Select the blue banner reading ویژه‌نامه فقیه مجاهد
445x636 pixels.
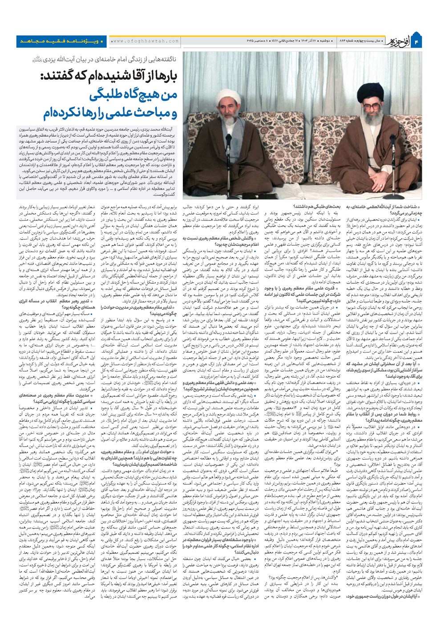tap(61, 41)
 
